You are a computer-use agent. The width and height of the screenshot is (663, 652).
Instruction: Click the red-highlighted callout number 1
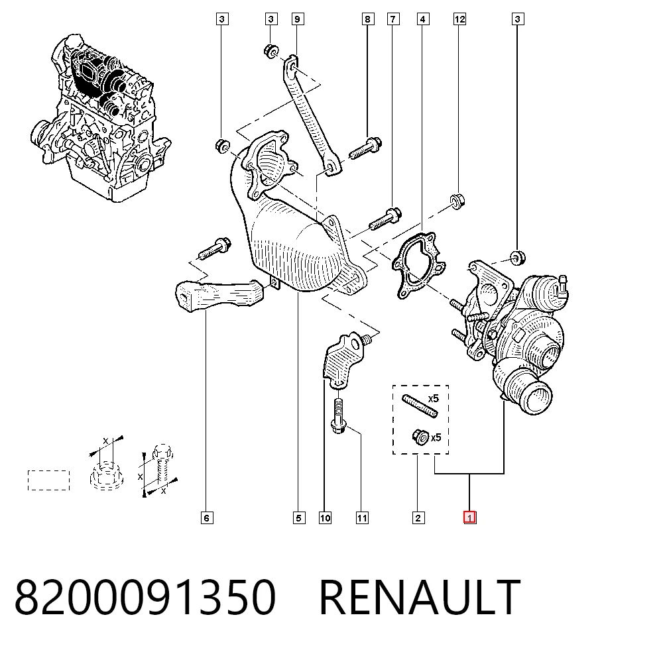pos(469,517)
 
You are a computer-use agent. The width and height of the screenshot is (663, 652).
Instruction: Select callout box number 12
pos(459,19)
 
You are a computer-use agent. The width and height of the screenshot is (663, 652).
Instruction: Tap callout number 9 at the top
pos(297,19)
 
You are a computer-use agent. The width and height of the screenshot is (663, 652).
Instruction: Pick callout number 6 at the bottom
pos(206,518)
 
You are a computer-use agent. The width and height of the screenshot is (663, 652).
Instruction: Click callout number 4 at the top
pos(422,19)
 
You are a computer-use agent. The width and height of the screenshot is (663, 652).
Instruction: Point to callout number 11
pos(362,518)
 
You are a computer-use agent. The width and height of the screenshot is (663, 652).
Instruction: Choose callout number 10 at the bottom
pos(325,518)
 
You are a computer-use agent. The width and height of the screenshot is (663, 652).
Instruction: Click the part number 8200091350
pos(145,596)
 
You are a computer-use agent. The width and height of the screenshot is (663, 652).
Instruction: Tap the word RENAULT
pos(420,596)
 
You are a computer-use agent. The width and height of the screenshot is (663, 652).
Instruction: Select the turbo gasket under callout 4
pos(418,265)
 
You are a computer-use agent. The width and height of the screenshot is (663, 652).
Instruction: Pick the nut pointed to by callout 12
pos(457,201)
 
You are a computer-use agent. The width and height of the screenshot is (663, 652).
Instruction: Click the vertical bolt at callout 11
pos(339,416)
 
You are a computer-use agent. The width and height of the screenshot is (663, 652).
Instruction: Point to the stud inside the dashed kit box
pos(420,406)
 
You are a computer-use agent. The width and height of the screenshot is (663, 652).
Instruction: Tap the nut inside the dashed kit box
pos(420,437)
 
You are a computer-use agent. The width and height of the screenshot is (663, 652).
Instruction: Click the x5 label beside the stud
pos(434,398)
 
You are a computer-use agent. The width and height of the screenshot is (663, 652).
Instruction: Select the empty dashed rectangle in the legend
pos(48,480)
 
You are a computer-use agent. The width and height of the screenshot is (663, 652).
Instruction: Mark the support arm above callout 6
pos(219,294)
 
